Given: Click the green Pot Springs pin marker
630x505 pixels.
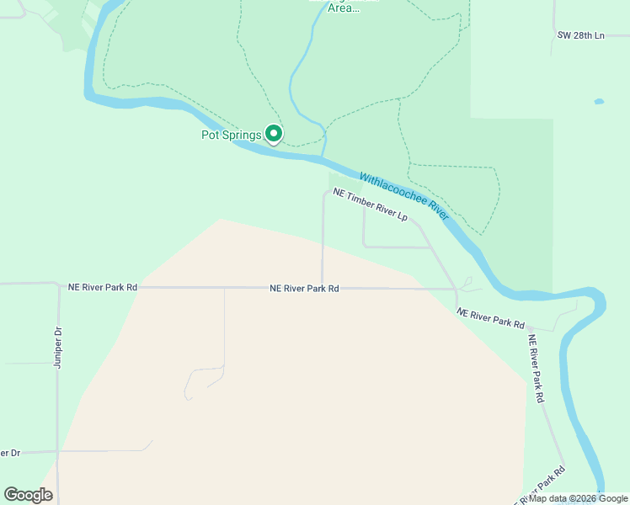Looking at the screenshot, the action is tap(274, 132).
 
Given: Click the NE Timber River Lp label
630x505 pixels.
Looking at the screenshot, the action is tap(370, 205).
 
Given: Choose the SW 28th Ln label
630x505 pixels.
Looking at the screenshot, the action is tap(581, 35).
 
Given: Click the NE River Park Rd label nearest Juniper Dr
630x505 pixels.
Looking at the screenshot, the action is tap(102, 287).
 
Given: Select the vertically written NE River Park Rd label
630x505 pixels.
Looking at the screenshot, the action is tap(536, 369).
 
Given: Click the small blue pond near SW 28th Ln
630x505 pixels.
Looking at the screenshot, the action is tap(599, 102).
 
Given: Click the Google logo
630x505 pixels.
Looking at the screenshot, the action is tap(28, 495).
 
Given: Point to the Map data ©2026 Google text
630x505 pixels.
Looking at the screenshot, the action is tap(579, 498).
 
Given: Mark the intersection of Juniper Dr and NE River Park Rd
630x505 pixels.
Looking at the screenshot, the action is tap(58, 286).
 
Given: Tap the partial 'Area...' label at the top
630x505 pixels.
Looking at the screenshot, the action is tap(344, 8).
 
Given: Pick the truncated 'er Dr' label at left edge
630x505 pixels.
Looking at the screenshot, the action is tap(10, 453).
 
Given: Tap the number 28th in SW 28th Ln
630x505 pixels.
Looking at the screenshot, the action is tap(580, 35).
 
